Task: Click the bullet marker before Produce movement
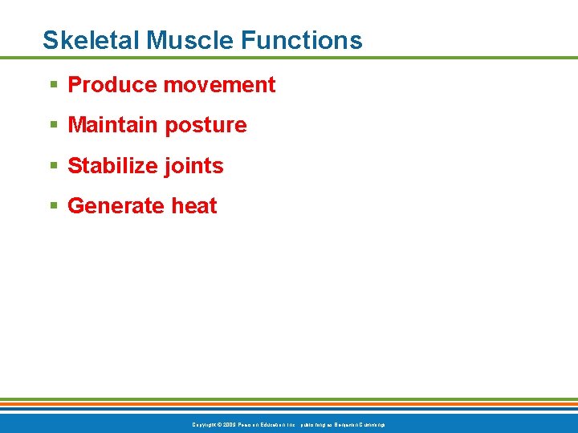click(x=53, y=85)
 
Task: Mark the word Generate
click(x=105, y=206)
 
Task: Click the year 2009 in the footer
click(x=227, y=424)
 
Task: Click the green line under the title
click(x=289, y=58)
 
